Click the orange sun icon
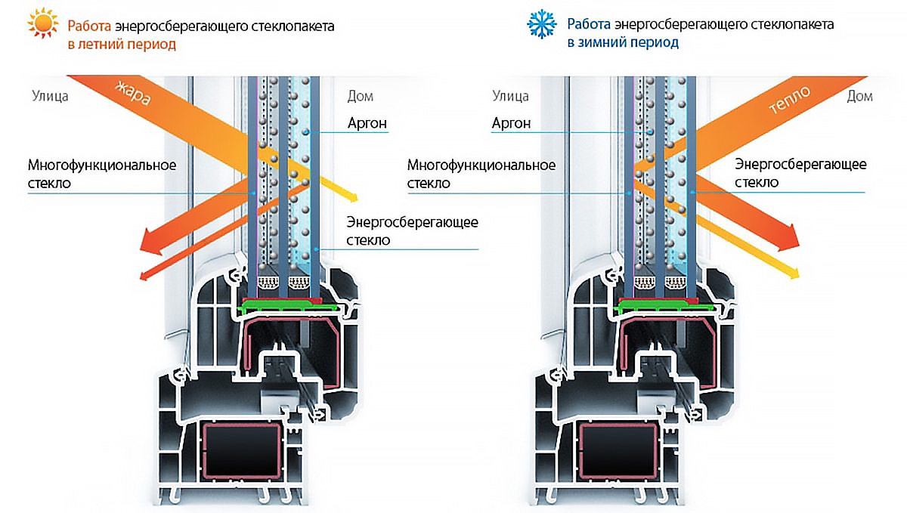click(x=43, y=23)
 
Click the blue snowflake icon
click(x=542, y=24)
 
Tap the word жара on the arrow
click(x=132, y=93)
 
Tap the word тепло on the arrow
click(x=789, y=100)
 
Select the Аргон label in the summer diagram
click(x=367, y=123)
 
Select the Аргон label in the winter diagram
click(x=511, y=123)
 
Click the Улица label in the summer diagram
click(x=50, y=97)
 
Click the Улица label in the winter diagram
click(x=511, y=97)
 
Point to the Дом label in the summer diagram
click(x=360, y=97)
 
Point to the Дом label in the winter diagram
click(x=859, y=97)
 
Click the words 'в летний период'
click(x=122, y=44)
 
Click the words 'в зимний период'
click(x=623, y=42)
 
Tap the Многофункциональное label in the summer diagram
click(x=102, y=165)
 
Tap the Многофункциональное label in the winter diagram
click(x=481, y=165)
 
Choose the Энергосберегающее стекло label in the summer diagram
click(x=412, y=231)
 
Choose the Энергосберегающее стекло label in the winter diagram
click(x=800, y=173)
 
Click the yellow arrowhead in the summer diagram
click(x=353, y=197)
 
